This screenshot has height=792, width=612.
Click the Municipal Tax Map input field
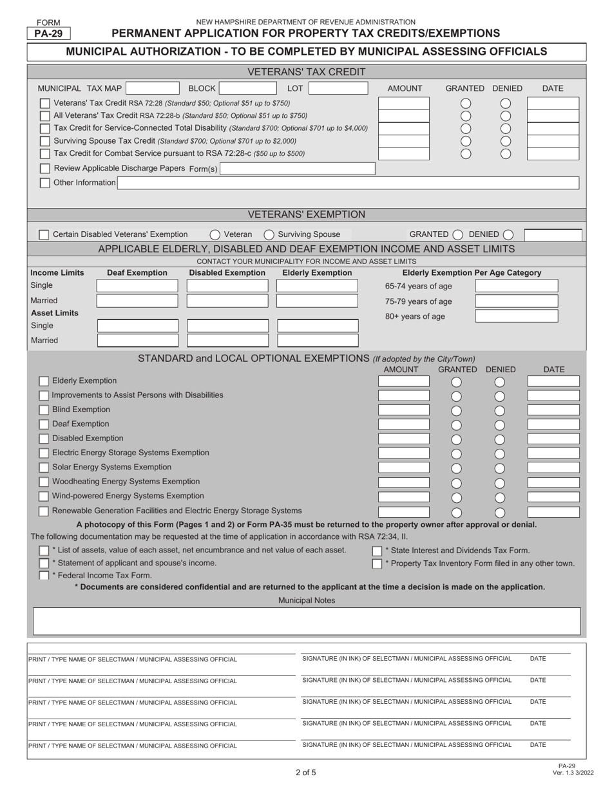click(x=153, y=88)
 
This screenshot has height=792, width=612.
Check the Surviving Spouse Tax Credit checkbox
click(x=45, y=141)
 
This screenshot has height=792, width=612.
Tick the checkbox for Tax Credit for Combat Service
click(x=45, y=153)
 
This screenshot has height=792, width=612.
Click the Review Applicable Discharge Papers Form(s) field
click(x=297, y=169)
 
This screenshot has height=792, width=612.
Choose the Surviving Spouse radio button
click(x=269, y=235)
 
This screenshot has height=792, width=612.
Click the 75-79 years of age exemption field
click(x=516, y=301)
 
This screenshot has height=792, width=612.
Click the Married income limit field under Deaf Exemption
click(x=138, y=301)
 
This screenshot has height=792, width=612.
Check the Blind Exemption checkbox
click(x=44, y=410)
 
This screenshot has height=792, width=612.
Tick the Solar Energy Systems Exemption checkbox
click(x=44, y=467)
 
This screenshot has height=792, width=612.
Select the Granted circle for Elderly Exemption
click(x=456, y=382)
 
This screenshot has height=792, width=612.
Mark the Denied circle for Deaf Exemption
click(x=499, y=425)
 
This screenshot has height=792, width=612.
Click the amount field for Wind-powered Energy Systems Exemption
click(x=404, y=497)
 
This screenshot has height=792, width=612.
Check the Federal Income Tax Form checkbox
click(x=44, y=576)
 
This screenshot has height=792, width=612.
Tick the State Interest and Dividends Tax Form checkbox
click(x=377, y=551)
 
